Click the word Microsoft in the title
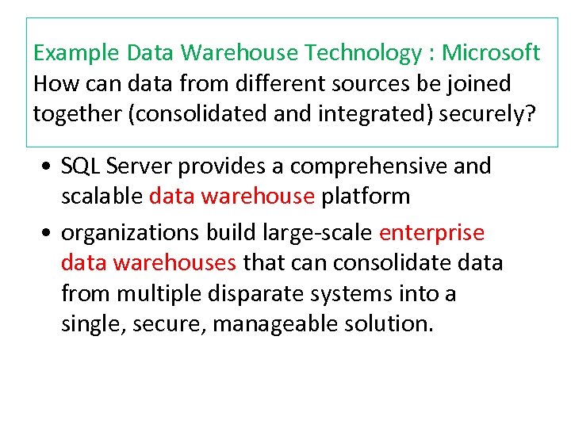click(491, 53)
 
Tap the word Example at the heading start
click(76, 53)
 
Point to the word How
click(52, 83)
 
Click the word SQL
click(80, 166)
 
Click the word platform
click(366, 196)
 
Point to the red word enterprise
click(432, 233)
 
